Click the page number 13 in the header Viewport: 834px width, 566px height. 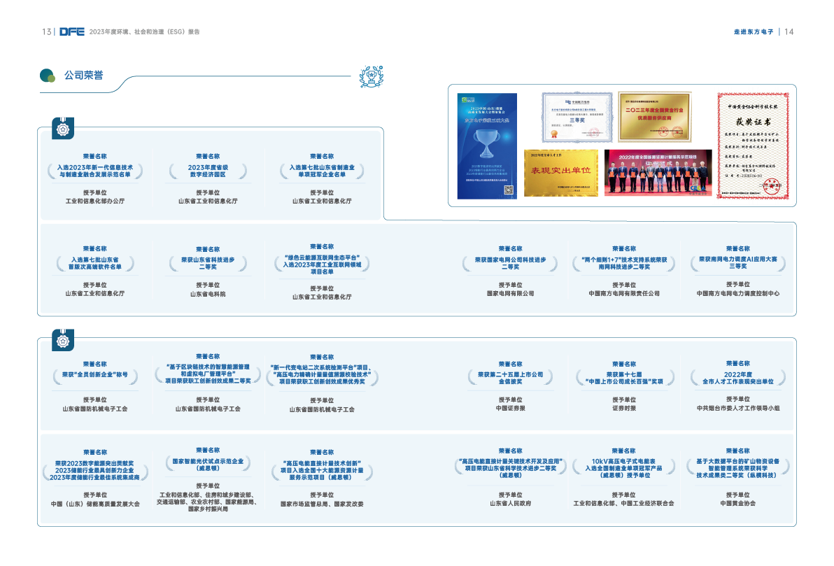[46, 31]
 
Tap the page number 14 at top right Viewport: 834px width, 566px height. [789, 31]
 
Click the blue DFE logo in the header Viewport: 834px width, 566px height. [71, 31]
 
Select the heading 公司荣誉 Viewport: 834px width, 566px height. [83, 76]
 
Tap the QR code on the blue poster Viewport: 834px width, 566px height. [509, 189]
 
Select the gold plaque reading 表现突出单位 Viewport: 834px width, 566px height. [561, 171]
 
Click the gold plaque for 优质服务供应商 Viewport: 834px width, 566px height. [654, 116]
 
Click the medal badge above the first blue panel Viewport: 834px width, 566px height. [64, 130]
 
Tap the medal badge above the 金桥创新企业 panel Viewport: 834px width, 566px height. [64, 341]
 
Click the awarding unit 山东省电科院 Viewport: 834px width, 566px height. [208, 294]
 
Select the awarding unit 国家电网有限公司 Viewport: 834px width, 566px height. [510, 293]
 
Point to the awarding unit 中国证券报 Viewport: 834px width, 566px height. [510, 408]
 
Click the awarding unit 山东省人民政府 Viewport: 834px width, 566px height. [510, 502]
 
